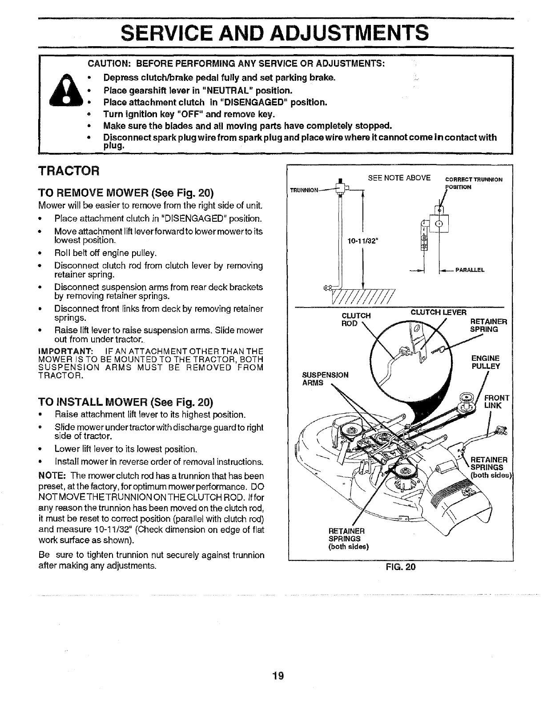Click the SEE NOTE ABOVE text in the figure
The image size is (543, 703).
399,178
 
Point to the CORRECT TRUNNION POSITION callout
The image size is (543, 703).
473,183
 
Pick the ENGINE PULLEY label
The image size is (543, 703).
485,362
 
